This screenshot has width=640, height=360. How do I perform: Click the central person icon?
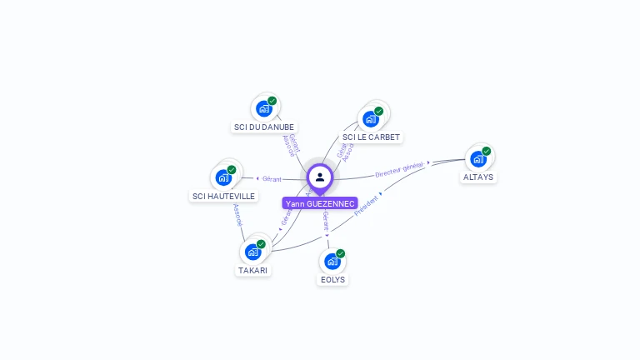320,177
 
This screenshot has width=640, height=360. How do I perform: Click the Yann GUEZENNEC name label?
320,203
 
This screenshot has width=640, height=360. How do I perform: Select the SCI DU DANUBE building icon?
264,108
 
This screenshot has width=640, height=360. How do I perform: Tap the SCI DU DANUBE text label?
264,127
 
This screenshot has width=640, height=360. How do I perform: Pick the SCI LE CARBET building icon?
371,118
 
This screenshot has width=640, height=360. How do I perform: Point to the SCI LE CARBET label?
371,137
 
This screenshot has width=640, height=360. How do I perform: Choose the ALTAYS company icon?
477,158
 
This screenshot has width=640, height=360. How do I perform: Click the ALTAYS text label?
477,177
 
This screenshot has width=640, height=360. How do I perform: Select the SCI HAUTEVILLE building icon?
223,177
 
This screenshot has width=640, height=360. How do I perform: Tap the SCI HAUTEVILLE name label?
223,197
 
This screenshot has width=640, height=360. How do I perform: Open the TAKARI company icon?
252,252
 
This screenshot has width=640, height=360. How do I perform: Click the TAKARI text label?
252,271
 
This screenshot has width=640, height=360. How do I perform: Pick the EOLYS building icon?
332,261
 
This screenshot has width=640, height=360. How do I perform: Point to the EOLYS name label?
332,280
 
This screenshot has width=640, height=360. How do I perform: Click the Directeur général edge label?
399,170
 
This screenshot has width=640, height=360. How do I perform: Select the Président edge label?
367,207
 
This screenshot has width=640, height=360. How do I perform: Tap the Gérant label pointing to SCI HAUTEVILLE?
272,178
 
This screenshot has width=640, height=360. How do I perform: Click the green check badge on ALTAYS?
486,152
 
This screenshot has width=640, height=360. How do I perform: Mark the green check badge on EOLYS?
340,253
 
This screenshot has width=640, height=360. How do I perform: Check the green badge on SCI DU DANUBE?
272,101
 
